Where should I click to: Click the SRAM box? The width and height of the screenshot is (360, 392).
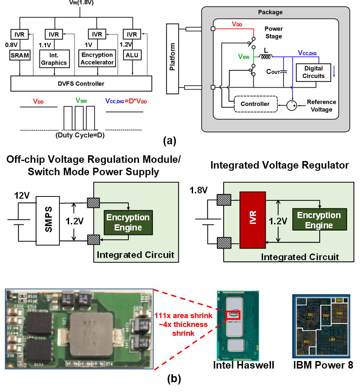20,55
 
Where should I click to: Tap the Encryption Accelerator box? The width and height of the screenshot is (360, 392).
97,58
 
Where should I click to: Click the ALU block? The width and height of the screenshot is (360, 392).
132,55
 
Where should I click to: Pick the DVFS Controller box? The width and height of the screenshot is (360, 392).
81,84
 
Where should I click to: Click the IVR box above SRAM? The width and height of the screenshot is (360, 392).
19,35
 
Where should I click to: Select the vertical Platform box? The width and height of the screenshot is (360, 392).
173,59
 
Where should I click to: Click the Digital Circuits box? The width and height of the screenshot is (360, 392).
313,72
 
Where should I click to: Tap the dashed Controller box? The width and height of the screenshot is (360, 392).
255,104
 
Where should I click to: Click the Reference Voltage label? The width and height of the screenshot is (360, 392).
321,106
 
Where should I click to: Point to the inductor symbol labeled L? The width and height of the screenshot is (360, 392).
266,57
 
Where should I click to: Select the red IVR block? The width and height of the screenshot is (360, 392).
252,220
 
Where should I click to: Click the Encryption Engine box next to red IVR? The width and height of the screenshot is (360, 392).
319,219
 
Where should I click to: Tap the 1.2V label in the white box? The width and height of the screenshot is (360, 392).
74,221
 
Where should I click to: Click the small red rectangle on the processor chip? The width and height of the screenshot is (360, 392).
232,315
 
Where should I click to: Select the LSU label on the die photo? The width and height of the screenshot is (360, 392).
332,339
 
